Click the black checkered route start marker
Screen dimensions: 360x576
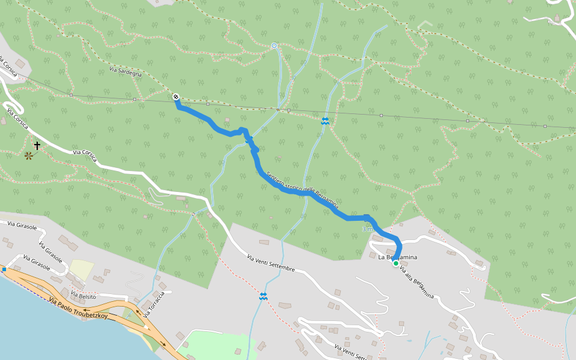pyautogui.click(x=175, y=97)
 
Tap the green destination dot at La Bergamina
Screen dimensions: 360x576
pyautogui.click(x=396, y=263)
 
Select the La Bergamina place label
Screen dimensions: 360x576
pyautogui.click(x=397, y=257)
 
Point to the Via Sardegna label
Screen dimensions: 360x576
pyautogui.click(x=125, y=72)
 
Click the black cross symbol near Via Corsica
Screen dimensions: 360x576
pyautogui.click(x=37, y=146)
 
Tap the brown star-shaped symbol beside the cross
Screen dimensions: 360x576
pyautogui.click(x=28, y=156)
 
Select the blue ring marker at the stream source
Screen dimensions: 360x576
pyautogui.click(x=274, y=46)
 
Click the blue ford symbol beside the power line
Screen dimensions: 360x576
pyautogui.click(x=325, y=121)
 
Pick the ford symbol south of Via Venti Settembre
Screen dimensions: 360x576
pyautogui.click(x=263, y=296)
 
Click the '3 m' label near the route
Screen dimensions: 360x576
pyautogui.click(x=367, y=229)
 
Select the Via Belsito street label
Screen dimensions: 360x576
pyautogui.click(x=83, y=295)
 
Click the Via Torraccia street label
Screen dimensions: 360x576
pyautogui.click(x=157, y=300)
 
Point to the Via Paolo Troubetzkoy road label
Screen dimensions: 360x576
pyautogui.click(x=77, y=308)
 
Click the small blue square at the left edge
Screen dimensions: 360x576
pyautogui.click(x=4, y=269)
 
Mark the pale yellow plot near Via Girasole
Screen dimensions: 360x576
pyautogui.click(x=82, y=268)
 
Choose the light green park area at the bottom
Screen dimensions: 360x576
pyautogui.click(x=216, y=344)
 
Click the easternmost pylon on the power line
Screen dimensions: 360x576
pyautogui.click(x=544, y=127)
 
